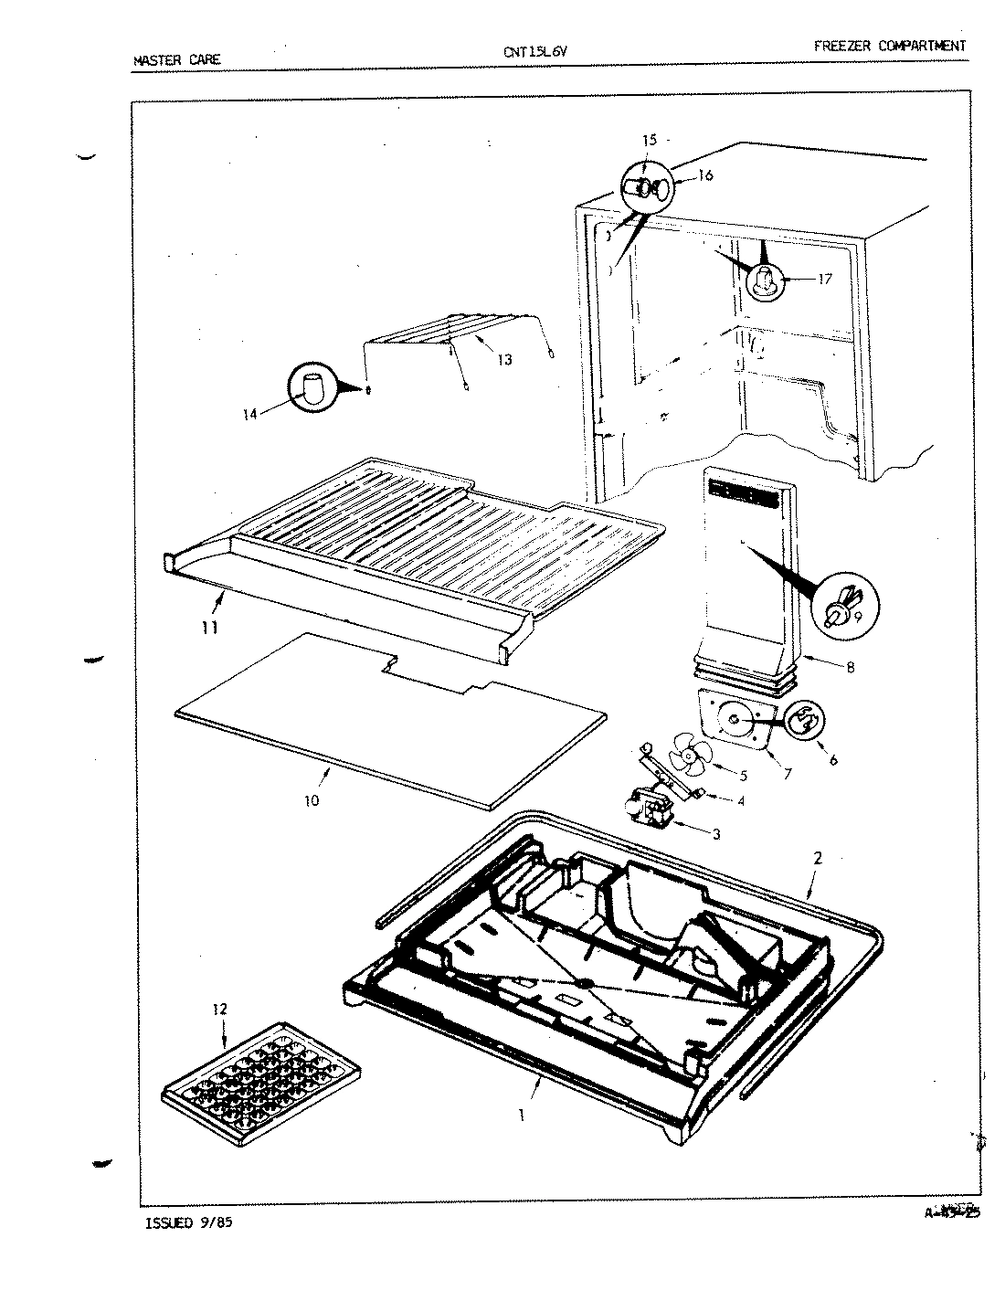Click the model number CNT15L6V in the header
point(535,52)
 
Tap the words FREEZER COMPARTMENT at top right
point(888,46)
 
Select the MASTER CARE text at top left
point(176,61)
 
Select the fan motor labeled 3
point(646,809)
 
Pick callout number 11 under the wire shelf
point(210,628)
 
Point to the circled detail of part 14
point(312,389)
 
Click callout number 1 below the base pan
point(522,1116)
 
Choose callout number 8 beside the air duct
point(850,667)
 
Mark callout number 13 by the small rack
point(504,360)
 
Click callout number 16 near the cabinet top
point(704,175)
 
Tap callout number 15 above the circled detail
point(650,140)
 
